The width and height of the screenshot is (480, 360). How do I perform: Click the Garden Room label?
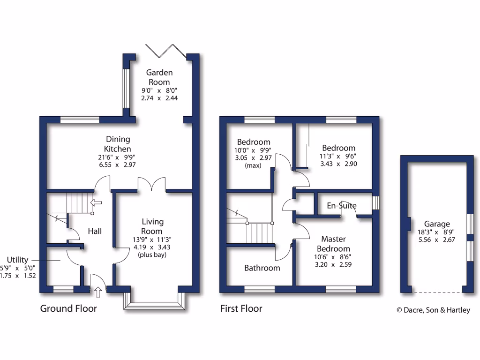click(x=159, y=77)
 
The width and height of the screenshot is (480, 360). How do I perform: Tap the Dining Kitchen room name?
click(x=118, y=144)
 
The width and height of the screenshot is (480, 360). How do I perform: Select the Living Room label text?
click(x=152, y=226)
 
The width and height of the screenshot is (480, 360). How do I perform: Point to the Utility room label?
click(x=17, y=260)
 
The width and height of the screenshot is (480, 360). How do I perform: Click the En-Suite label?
click(x=342, y=206)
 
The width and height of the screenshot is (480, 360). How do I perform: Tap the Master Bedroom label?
click(x=333, y=244)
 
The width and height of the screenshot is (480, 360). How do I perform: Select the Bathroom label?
click(x=262, y=268)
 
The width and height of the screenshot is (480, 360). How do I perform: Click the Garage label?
click(x=437, y=224)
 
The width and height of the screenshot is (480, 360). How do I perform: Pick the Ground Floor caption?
click(x=68, y=308)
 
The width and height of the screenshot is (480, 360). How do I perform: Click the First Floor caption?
click(x=241, y=308)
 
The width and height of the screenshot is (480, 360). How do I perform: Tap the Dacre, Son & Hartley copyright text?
click(x=433, y=310)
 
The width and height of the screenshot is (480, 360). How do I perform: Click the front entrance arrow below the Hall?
click(x=97, y=293)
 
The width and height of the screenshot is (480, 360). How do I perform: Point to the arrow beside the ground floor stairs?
click(x=96, y=202)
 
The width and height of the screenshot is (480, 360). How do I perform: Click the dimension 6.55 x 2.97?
click(x=118, y=165)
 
